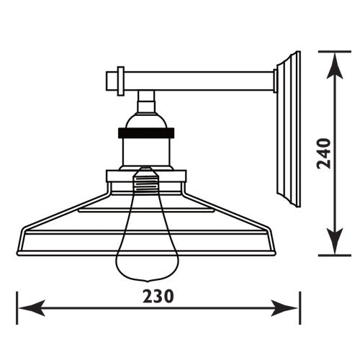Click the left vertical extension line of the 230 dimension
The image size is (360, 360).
tap(17, 306)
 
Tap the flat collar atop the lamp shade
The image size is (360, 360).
tap(145, 176)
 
